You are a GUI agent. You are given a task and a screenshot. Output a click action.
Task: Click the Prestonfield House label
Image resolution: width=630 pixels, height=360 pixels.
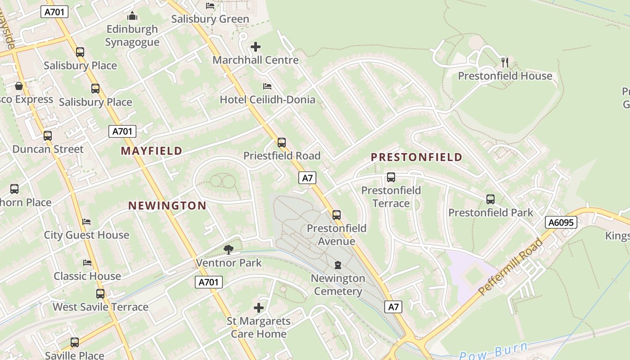(505, 76)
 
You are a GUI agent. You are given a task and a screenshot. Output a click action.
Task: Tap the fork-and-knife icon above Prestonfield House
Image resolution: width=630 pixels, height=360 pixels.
(505, 62)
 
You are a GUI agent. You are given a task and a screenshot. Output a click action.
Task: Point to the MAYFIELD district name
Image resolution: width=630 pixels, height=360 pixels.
(152, 151)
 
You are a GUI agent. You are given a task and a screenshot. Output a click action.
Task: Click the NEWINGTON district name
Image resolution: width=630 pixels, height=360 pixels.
(167, 206)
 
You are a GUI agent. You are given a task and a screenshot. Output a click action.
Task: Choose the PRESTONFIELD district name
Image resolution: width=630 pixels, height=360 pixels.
(416, 157)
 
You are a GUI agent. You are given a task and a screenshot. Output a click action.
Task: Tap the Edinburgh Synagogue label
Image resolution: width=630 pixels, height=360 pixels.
(132, 36)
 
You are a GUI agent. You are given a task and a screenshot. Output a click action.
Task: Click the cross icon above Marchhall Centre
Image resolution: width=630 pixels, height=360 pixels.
(256, 47)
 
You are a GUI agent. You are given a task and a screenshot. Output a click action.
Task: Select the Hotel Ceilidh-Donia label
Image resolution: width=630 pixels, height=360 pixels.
(267, 99)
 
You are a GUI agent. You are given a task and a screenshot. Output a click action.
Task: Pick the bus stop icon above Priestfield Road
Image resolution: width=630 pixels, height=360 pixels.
(282, 143)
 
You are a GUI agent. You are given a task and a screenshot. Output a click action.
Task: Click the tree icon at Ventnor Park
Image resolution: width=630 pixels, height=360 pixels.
(229, 249)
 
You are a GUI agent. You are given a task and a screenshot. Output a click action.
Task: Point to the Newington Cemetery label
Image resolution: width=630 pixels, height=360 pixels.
(338, 284)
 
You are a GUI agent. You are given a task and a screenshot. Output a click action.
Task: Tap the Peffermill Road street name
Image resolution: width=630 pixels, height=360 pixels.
(510, 267)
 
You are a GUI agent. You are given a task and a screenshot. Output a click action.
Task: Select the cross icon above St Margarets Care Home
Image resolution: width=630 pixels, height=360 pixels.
(259, 308)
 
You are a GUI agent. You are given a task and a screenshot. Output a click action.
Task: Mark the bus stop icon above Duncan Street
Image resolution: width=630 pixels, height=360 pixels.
(48, 135)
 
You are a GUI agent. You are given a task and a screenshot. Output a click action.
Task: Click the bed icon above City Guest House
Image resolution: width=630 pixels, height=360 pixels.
(86, 221)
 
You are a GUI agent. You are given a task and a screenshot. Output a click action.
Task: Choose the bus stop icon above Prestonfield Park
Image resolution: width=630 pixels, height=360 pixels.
(490, 199)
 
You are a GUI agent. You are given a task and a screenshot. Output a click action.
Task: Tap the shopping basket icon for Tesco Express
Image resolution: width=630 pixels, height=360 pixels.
(19, 85)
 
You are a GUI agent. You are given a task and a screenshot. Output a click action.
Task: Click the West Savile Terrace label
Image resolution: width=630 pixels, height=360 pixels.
(100, 307)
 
